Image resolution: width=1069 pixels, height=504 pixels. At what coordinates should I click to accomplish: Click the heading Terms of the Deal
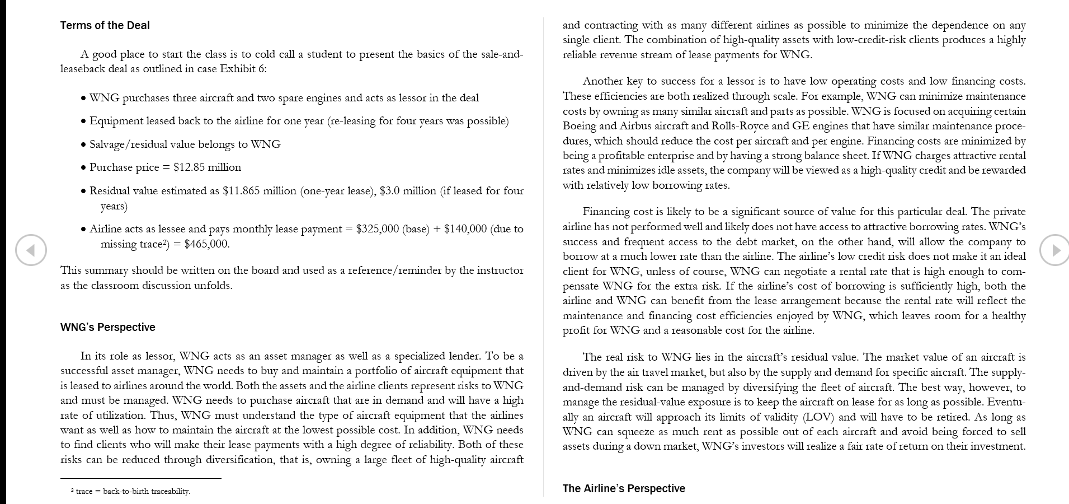point(105,25)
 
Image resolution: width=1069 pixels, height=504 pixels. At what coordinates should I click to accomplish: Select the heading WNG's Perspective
point(107,327)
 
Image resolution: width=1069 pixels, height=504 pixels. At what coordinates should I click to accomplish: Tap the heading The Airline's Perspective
point(623,488)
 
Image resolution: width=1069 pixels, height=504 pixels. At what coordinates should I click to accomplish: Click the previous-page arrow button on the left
point(31,250)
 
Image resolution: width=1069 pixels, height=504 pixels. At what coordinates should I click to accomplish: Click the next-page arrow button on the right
point(1055,250)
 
